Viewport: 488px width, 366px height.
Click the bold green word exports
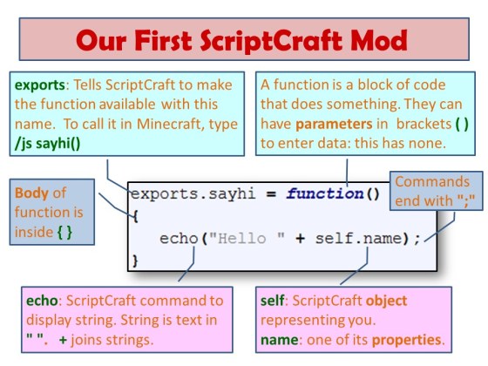click(40, 86)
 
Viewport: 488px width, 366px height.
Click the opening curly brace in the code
click(134, 214)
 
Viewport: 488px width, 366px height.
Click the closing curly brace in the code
click(134, 260)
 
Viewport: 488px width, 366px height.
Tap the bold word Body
click(31, 191)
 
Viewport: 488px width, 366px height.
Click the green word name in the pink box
click(278, 338)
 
